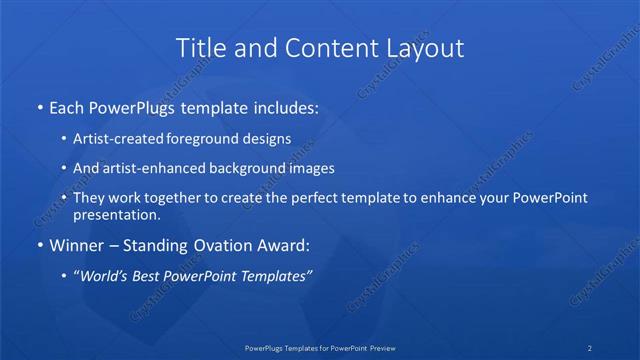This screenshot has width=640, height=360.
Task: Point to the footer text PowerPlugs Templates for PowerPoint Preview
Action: coord(320,347)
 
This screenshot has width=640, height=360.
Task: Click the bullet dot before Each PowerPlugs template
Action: coord(39,106)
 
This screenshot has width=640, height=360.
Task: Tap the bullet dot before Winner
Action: coord(39,245)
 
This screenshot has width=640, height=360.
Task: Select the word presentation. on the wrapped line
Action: coord(117,214)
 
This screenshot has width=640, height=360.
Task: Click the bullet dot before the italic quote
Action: coord(65,275)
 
